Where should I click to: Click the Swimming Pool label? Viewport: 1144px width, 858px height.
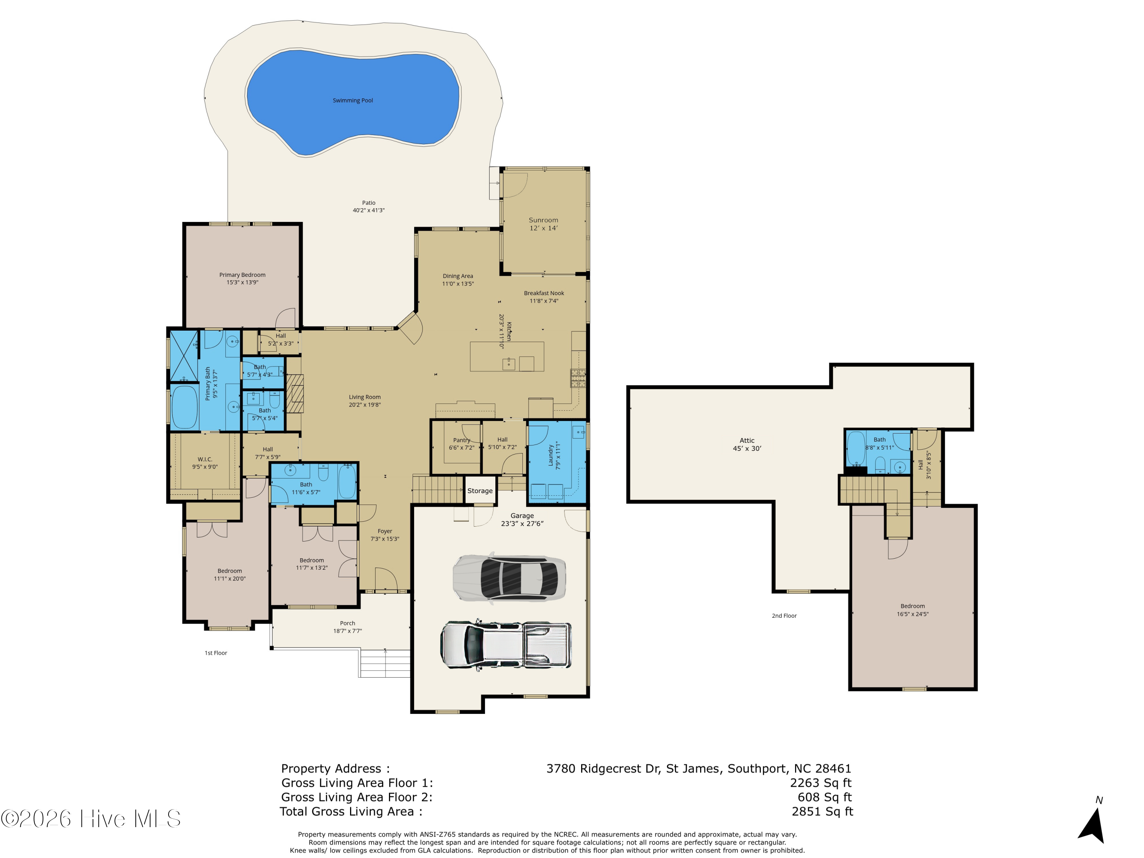pyautogui.click(x=352, y=100)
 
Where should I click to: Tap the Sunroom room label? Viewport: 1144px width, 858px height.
pyautogui.click(x=543, y=220)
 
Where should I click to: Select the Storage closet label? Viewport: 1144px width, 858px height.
pyautogui.click(x=480, y=491)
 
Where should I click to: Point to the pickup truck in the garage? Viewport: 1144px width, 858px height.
pyautogui.click(x=506, y=646)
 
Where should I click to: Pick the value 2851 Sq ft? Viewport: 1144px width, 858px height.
pyautogui.click(x=822, y=811)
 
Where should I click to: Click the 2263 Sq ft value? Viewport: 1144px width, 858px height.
pyautogui.click(x=821, y=783)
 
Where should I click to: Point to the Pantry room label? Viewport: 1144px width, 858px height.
pyautogui.click(x=461, y=440)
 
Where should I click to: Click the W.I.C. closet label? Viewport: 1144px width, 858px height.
pyautogui.click(x=205, y=459)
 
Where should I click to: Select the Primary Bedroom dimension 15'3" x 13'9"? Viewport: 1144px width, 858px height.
pyautogui.click(x=242, y=283)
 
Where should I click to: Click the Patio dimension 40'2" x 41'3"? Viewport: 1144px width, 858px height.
pyautogui.click(x=369, y=210)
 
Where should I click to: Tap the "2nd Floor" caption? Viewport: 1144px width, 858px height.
pyautogui.click(x=784, y=616)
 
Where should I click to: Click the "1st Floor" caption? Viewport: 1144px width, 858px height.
pyautogui.click(x=216, y=653)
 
